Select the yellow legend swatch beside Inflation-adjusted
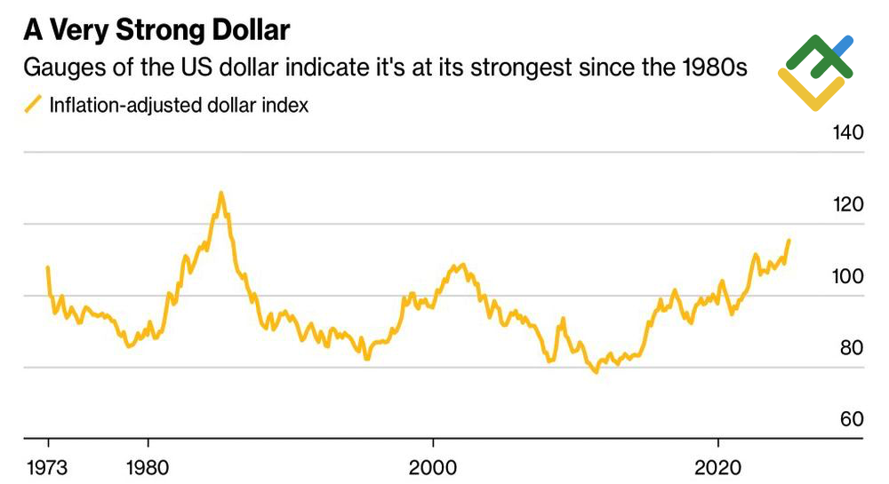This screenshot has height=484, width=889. [32, 105]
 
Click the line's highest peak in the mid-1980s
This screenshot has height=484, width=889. [220, 193]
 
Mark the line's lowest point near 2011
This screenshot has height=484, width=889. [596, 371]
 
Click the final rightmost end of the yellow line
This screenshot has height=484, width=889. [789, 241]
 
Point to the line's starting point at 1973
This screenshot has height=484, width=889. [47, 267]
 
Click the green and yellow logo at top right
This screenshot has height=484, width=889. [815, 71]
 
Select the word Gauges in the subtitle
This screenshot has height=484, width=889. [59, 67]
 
